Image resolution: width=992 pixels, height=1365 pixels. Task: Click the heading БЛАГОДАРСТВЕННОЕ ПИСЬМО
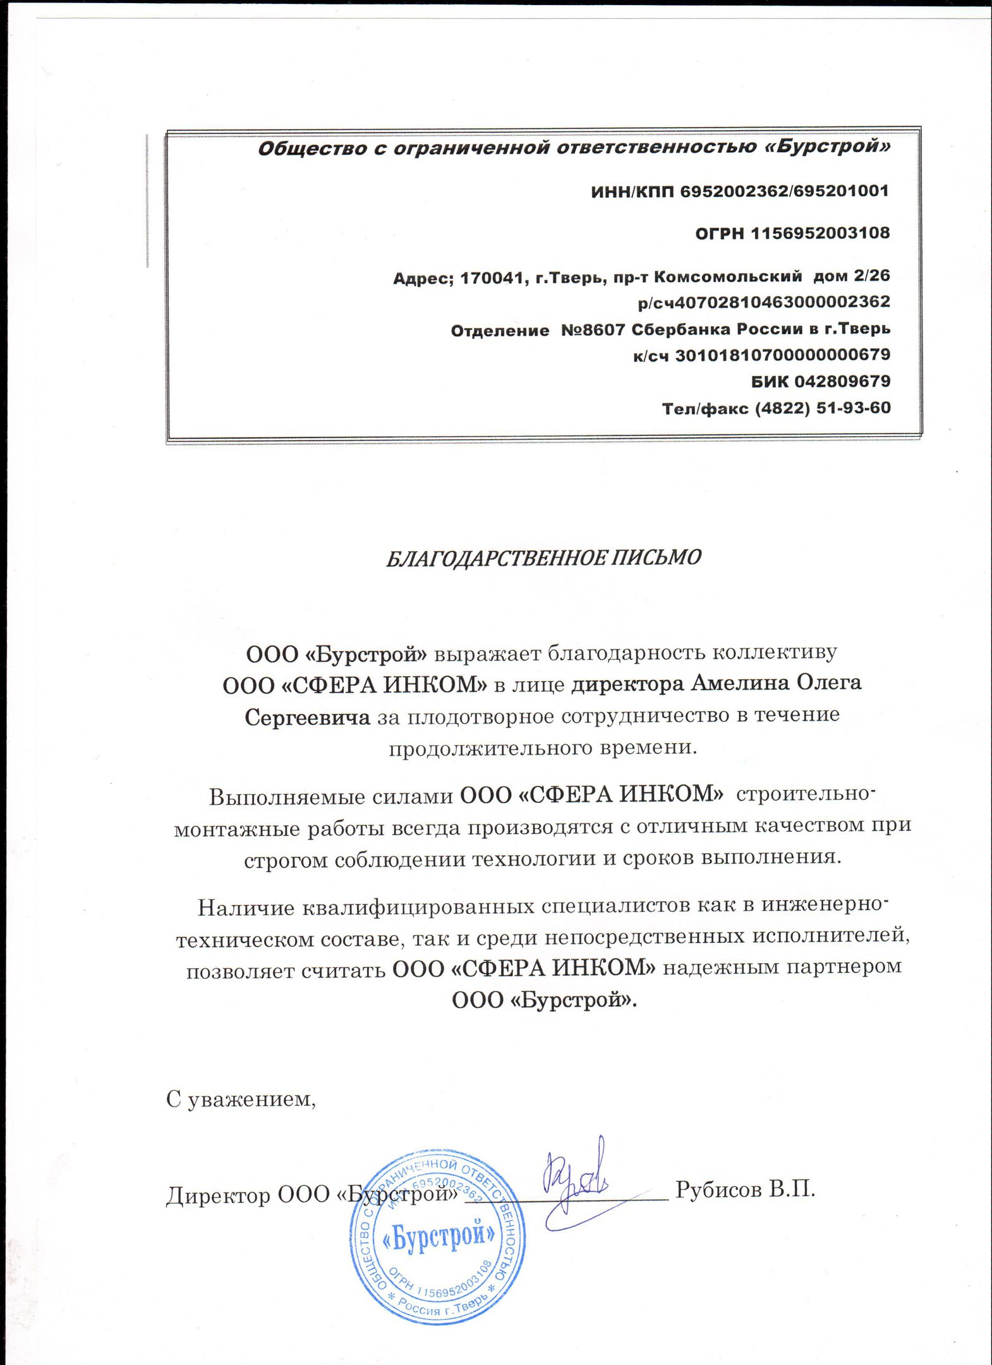(x=543, y=558)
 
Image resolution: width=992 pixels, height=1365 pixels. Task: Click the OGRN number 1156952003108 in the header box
(x=820, y=234)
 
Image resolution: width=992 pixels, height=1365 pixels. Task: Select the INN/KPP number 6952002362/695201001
(x=784, y=191)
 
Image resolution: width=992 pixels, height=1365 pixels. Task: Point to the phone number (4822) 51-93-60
(x=823, y=408)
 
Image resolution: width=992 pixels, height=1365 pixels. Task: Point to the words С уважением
(x=241, y=1100)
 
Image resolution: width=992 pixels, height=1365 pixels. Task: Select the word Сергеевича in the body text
(x=307, y=717)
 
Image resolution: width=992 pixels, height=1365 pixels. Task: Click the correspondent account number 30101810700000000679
(x=783, y=355)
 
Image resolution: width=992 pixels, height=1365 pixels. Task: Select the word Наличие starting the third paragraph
(x=246, y=908)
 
